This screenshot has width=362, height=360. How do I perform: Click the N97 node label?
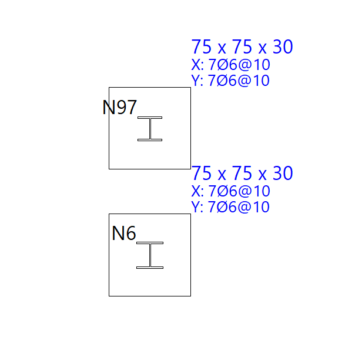click(120, 108)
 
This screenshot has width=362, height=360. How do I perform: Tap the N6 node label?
click(124, 234)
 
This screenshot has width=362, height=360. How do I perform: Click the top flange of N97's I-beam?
click(150, 118)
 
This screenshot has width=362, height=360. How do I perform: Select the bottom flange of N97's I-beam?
click(150, 140)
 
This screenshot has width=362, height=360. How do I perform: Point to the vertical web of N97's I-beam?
click(150, 129)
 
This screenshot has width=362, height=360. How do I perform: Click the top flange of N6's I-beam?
click(150, 243)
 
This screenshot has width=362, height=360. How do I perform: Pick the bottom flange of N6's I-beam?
click(150, 268)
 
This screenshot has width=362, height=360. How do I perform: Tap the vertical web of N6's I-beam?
click(150, 255)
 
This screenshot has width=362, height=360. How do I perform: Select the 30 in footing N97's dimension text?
click(283, 47)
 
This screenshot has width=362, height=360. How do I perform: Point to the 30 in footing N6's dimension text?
click(283, 174)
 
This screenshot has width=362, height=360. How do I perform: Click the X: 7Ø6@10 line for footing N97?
click(230, 65)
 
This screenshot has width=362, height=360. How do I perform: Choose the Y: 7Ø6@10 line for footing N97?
click(230, 81)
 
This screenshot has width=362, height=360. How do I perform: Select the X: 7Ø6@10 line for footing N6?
click(230, 191)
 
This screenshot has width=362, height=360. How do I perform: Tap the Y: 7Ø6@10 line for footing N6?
click(230, 207)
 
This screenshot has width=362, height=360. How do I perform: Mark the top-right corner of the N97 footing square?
click(190, 88)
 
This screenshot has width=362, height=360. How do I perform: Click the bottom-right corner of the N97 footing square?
click(190, 169)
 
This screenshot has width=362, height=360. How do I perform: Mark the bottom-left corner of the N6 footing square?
click(109, 296)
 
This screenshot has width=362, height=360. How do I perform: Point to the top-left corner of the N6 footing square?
click(109, 214)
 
